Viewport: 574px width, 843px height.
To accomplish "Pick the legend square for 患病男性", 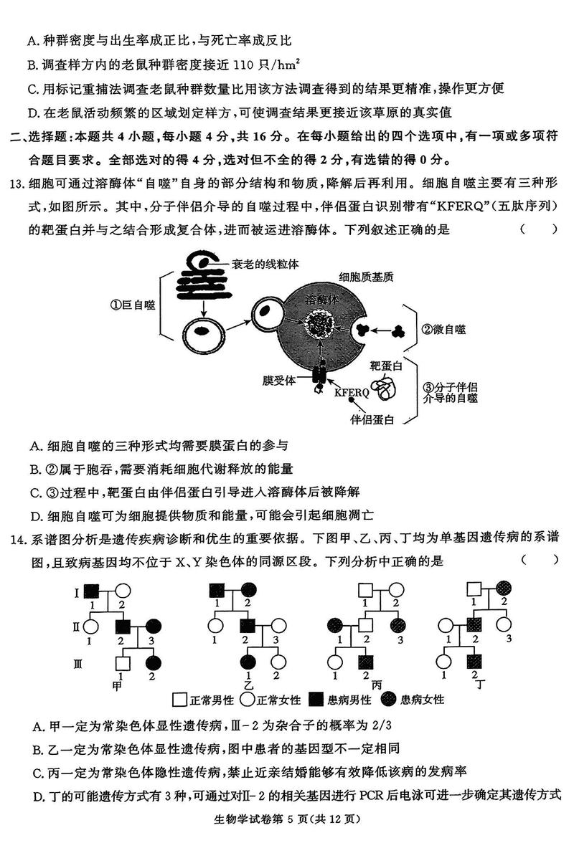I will click(x=316, y=698).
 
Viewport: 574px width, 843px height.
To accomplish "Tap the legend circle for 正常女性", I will click(x=248, y=698).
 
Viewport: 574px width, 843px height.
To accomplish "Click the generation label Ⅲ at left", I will click(x=77, y=664).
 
